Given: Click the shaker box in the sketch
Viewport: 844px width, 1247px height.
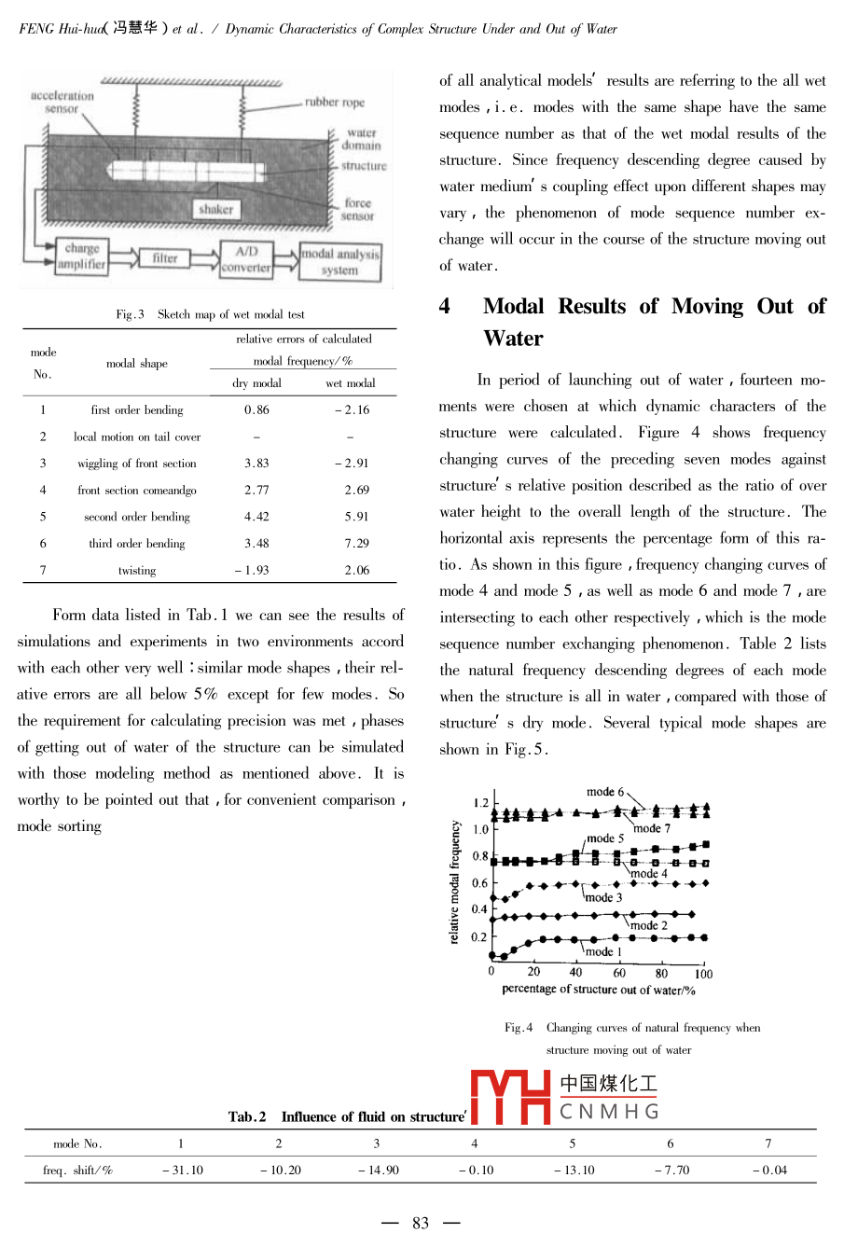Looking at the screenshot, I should (x=215, y=210).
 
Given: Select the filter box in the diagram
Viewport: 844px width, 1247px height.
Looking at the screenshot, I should (x=165, y=258).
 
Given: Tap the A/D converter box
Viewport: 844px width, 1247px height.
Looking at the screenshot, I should (x=245, y=259).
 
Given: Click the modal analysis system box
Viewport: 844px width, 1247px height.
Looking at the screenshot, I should (x=340, y=261).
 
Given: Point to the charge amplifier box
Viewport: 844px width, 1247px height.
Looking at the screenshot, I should (x=82, y=256).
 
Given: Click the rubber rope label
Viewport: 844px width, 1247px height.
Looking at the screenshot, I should (x=335, y=103).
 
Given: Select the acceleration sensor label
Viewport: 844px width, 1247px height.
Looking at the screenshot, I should (x=62, y=102).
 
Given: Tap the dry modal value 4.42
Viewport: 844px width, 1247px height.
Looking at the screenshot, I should (x=256, y=516).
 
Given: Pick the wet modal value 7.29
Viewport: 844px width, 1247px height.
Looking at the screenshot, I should (x=356, y=543).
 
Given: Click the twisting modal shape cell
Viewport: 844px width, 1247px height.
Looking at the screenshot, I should (x=137, y=570).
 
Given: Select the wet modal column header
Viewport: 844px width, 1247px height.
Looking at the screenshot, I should (x=351, y=383).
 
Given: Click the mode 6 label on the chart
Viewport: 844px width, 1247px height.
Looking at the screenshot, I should (x=605, y=792).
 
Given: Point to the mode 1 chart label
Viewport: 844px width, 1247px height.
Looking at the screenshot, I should (x=603, y=951).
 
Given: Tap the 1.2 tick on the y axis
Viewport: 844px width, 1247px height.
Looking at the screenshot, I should (x=480, y=802).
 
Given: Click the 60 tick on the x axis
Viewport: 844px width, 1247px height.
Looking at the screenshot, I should (x=619, y=973).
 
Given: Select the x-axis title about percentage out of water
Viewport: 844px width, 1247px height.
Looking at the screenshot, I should (x=599, y=990).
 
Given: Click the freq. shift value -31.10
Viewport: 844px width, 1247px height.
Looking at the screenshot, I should (x=182, y=1170).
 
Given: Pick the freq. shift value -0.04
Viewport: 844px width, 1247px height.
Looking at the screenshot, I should (x=769, y=1170).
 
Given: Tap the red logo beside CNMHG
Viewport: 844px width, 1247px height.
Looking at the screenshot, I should (x=511, y=1097).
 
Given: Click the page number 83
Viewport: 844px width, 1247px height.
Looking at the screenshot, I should (x=421, y=1223).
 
